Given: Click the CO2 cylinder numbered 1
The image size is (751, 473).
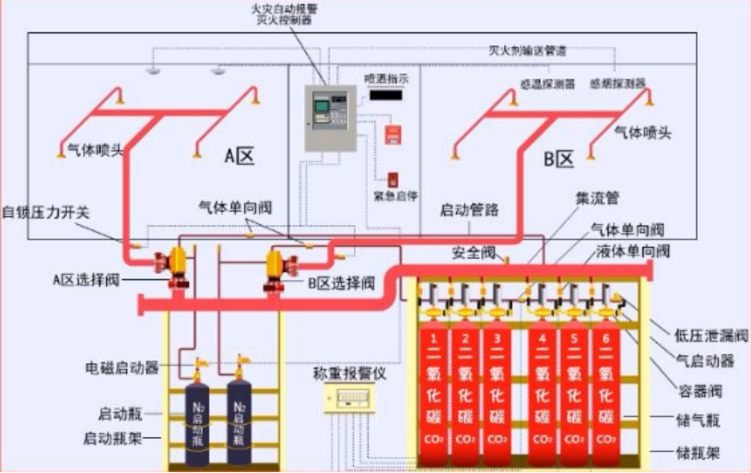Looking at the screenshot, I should coord(433,387).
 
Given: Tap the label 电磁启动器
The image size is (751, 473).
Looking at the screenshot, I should coord(120,367).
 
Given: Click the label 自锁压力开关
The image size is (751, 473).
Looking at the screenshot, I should coord(46,210).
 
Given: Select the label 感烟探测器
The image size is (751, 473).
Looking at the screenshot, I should coord(617,83).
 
